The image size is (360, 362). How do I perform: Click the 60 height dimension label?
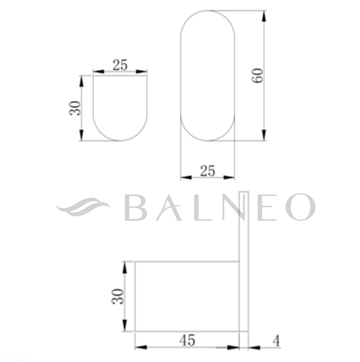(257, 76)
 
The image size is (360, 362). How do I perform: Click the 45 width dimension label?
(187, 340)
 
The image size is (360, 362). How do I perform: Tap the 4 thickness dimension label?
(276, 341)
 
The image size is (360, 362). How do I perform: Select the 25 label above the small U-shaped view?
(120, 65)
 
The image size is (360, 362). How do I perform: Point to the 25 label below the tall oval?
(207, 171)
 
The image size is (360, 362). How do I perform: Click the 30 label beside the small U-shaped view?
(75, 108)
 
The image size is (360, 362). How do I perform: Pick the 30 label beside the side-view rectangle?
(118, 296)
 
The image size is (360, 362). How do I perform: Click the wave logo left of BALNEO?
(83, 207)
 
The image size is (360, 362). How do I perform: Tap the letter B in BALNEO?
(135, 207)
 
